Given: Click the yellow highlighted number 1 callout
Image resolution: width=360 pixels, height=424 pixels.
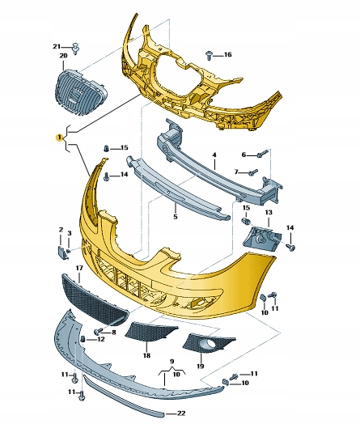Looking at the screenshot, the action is coord(59,138).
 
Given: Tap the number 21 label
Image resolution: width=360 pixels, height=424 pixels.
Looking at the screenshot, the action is coord(57,47).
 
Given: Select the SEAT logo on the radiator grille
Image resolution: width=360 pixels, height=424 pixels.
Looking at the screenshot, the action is coord(74,95).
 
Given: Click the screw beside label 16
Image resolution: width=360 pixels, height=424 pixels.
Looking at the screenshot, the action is coord(209,55).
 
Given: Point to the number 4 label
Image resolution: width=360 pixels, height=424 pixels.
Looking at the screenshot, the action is coord(214,155).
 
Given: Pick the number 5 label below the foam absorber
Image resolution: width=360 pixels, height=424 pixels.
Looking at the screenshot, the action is coord(175,217).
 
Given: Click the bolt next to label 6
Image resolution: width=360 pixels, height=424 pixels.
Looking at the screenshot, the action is coord(263,154).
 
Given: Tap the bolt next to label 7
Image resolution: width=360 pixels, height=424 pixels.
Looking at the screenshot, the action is coord(253,172).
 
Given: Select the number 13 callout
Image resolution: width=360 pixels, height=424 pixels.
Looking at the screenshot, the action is coord(269,213).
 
